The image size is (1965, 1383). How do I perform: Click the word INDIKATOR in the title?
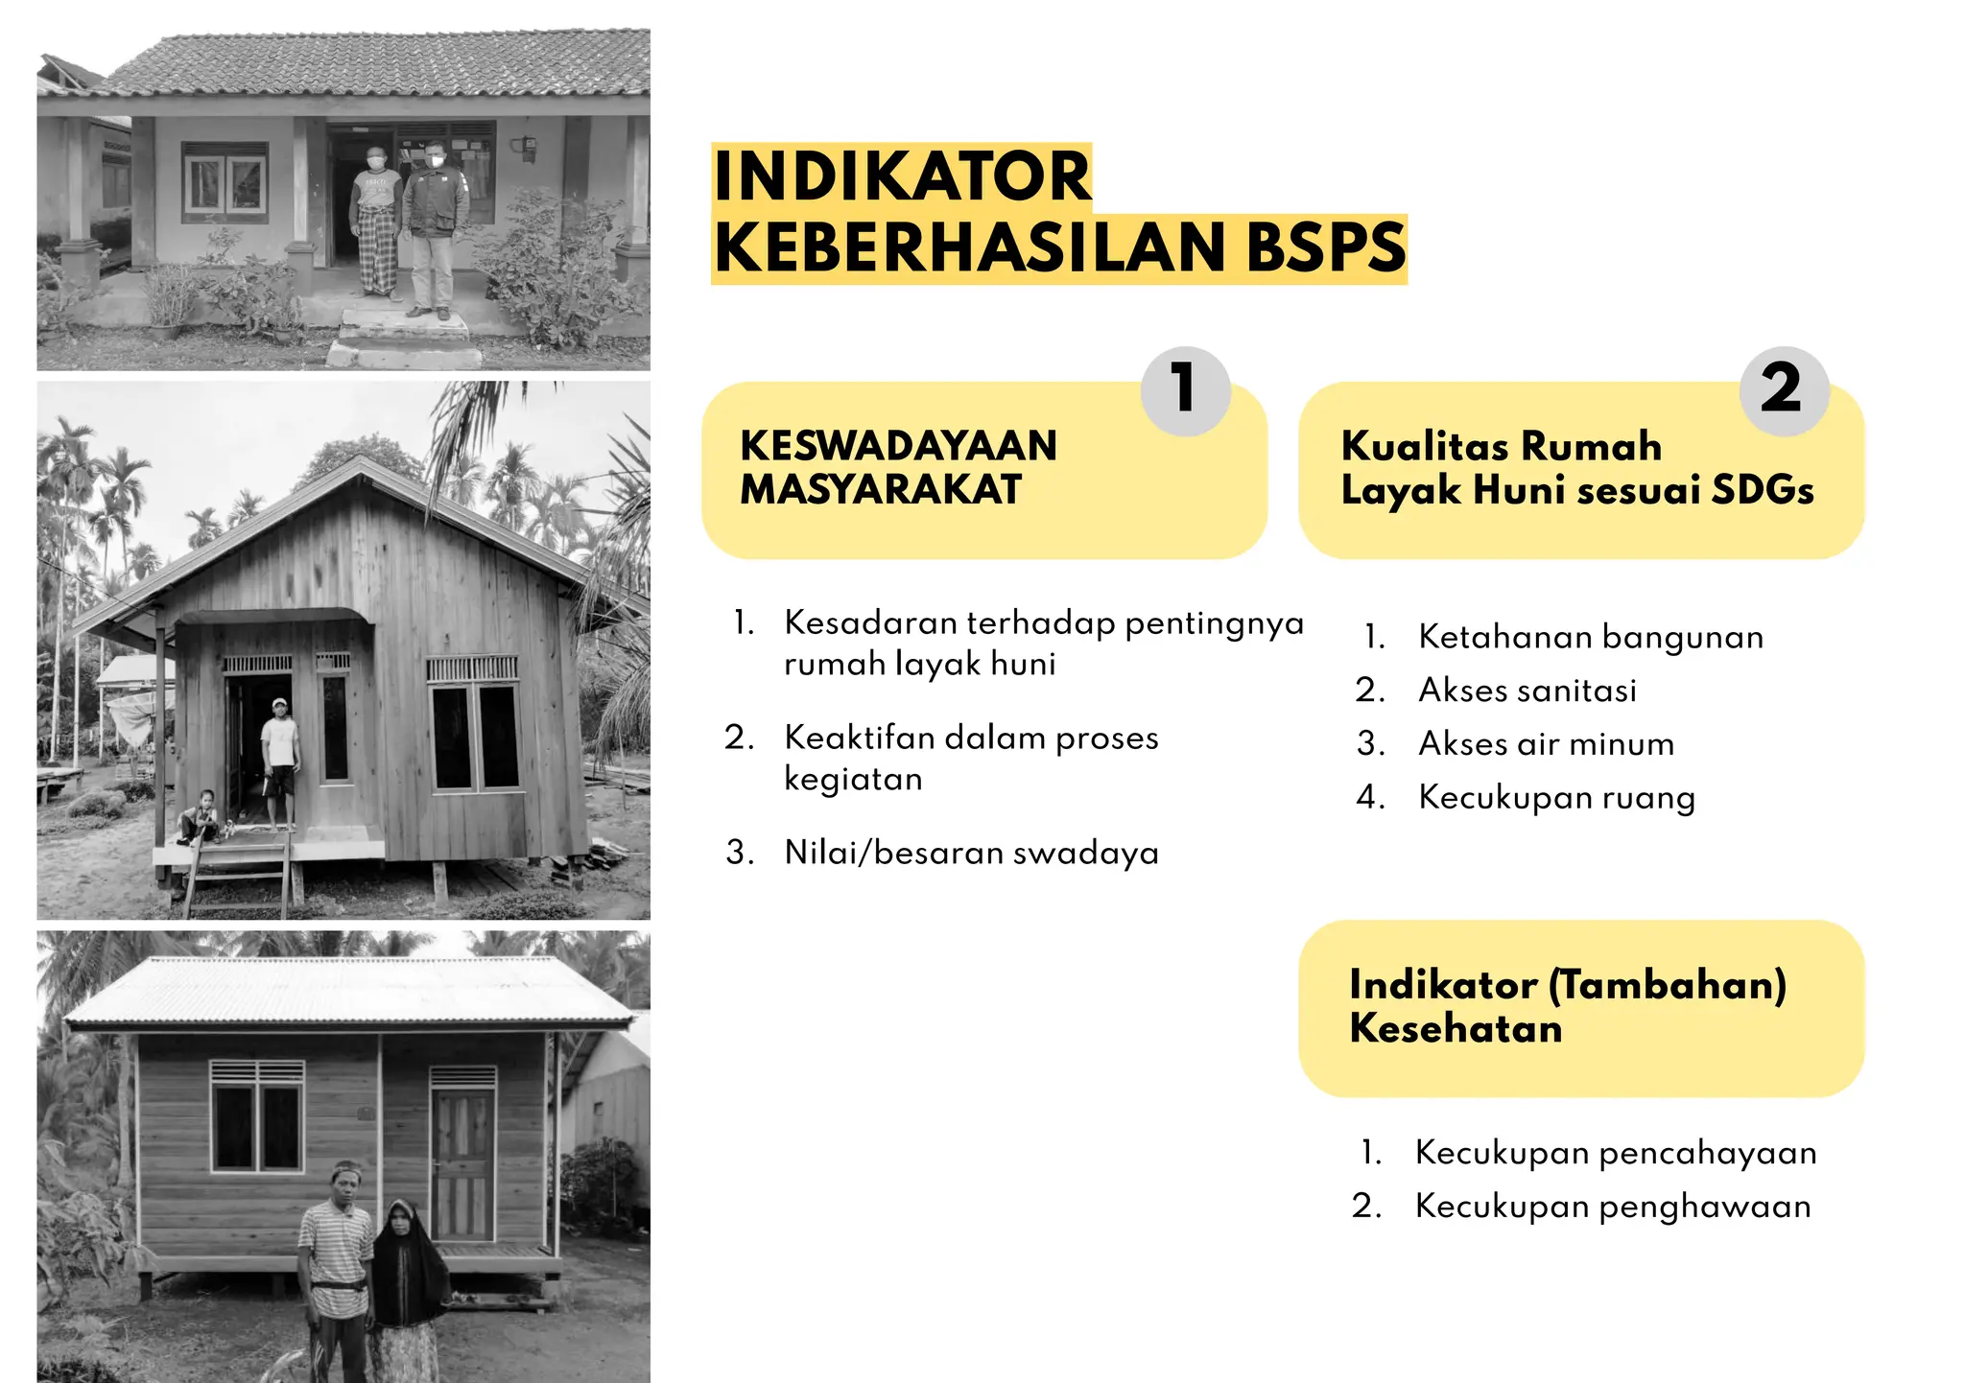pyautogui.click(x=902, y=176)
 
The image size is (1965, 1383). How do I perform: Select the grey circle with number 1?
pyautogui.click(x=1185, y=389)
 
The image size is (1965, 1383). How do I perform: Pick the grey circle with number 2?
pyautogui.click(x=1783, y=389)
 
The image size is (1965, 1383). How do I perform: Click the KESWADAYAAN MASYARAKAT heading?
pyautogui.click(x=898, y=468)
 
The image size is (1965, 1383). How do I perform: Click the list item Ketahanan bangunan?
pyautogui.click(x=1590, y=637)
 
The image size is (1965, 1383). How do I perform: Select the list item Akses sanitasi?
pyautogui.click(x=1527, y=691)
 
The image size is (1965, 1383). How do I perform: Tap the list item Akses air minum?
pyautogui.click(x=1546, y=744)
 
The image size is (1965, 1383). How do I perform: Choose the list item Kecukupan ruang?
pyautogui.click(x=1556, y=798)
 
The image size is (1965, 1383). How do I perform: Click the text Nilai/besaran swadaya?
pyautogui.click(x=971, y=853)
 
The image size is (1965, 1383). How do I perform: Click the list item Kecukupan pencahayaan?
pyautogui.click(x=1615, y=1153)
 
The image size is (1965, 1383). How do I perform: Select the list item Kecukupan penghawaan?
pyautogui.click(x=1612, y=1207)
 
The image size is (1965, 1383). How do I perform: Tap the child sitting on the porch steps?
pyautogui.click(x=202, y=818)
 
